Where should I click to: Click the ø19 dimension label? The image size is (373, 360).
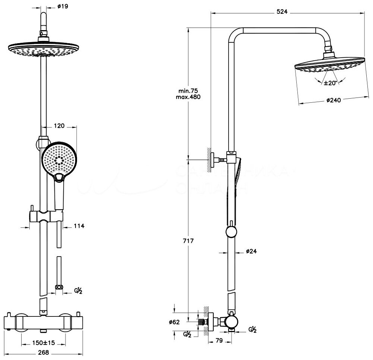pyautogui.click(x=63, y=6)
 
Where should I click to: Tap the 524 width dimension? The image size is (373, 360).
pyautogui.click(x=282, y=12)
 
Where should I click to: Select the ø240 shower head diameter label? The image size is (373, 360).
pyautogui.click(x=334, y=100)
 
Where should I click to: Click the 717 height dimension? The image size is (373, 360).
pyautogui.click(x=188, y=241)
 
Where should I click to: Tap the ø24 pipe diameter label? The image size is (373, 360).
pyautogui.click(x=252, y=251)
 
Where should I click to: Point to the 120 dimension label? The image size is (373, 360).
pyautogui.click(x=60, y=126)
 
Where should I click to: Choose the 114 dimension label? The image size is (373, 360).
pyautogui.click(x=79, y=226)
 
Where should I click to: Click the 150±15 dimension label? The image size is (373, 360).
pyautogui.click(x=44, y=343)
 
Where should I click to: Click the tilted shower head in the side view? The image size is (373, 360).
pyautogui.click(x=330, y=67)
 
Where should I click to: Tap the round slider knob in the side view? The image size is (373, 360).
pyautogui.click(x=231, y=233)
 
